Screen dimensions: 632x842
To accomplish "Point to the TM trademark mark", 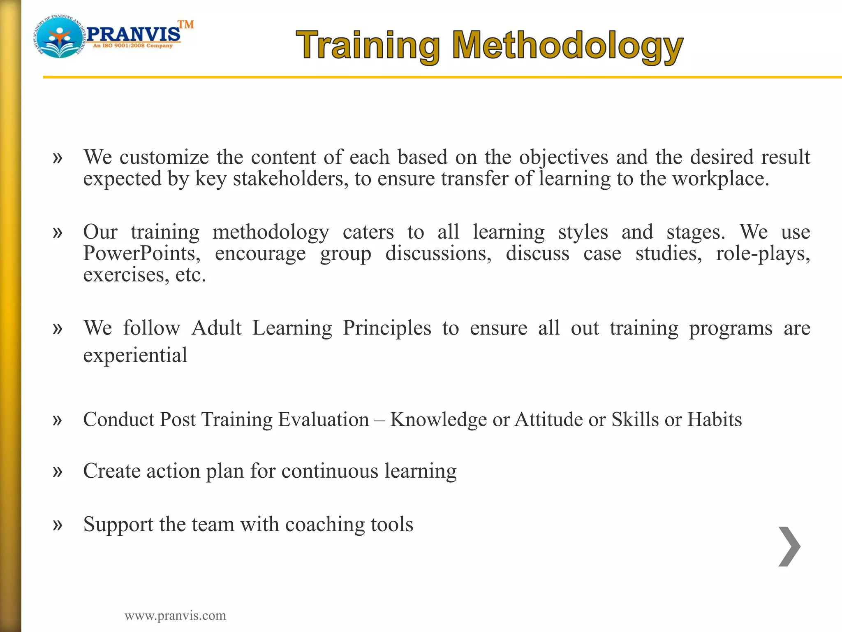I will [x=186, y=25].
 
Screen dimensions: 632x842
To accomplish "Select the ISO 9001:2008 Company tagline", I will [x=133, y=46].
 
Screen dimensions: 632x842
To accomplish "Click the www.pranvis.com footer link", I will [x=175, y=616].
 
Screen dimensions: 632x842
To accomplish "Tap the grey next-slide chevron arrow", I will [x=789, y=546].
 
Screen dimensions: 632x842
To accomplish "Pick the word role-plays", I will [x=763, y=253].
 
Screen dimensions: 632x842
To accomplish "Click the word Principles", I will [x=387, y=328].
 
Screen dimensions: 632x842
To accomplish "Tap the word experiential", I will [x=135, y=355].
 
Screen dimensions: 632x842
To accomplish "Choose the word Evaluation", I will [x=324, y=419].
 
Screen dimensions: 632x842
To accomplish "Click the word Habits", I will [x=715, y=419].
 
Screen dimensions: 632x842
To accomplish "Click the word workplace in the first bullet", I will [x=720, y=179].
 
